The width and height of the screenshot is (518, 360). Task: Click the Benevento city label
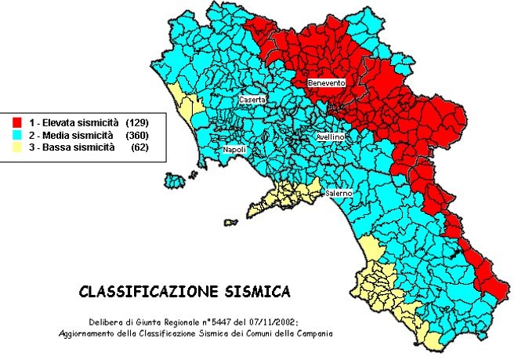325,82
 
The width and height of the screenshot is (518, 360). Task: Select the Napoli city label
234,149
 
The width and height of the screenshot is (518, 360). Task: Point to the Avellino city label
328,136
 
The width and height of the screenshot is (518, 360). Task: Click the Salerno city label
339,193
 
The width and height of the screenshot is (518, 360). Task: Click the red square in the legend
16,123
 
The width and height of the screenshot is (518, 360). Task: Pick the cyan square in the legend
16,135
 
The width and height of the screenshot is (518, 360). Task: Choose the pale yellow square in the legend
16,147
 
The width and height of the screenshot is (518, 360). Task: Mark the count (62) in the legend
139,147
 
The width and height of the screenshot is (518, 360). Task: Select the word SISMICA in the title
259,292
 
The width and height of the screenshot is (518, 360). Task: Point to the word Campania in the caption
310,333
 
